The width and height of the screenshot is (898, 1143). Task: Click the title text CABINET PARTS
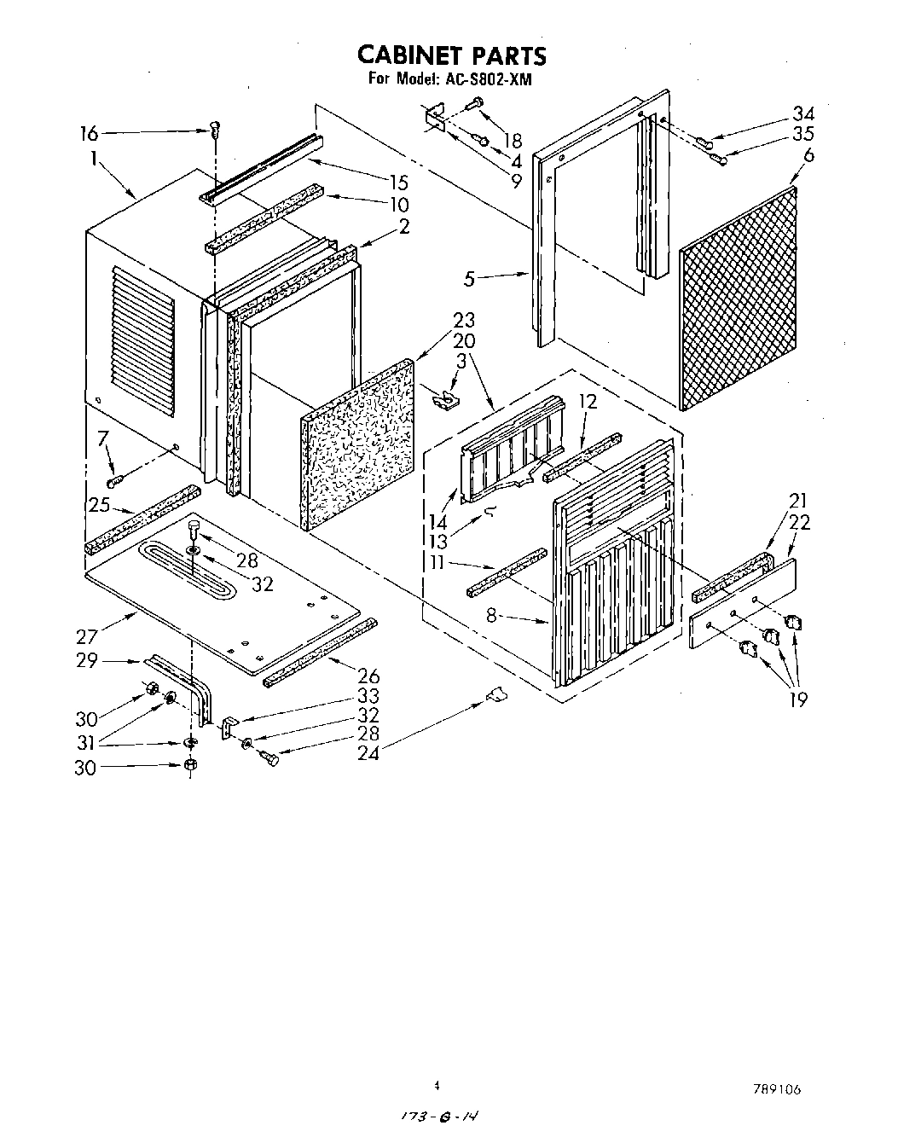pos(450,55)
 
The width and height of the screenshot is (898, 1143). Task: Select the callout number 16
pos(90,133)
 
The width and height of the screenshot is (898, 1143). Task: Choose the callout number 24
pos(370,751)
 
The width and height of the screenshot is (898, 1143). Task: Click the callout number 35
pos(802,134)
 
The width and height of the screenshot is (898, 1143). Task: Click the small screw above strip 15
pos(215,130)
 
